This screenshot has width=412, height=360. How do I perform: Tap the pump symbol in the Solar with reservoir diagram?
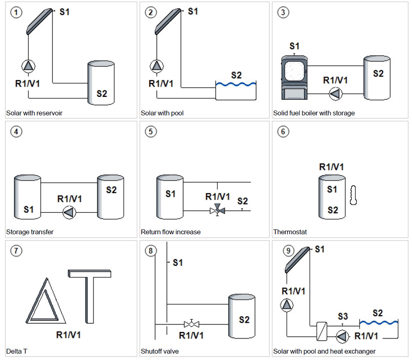pos(28,66)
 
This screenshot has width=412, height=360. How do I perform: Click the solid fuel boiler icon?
pos(295,77)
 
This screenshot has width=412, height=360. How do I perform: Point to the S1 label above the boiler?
pos(294,46)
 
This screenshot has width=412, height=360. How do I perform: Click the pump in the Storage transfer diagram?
pos(69,212)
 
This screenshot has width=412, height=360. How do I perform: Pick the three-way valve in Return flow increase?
pos(217,210)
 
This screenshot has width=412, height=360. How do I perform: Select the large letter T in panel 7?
pos(90,295)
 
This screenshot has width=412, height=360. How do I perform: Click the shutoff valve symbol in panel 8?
pos(191,324)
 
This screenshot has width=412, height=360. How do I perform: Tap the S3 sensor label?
pos(343,316)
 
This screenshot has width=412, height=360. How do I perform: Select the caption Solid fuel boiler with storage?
pos(314,113)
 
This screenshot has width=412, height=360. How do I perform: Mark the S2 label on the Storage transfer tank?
pos(111,190)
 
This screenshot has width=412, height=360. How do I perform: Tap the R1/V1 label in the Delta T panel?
pos(68,334)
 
